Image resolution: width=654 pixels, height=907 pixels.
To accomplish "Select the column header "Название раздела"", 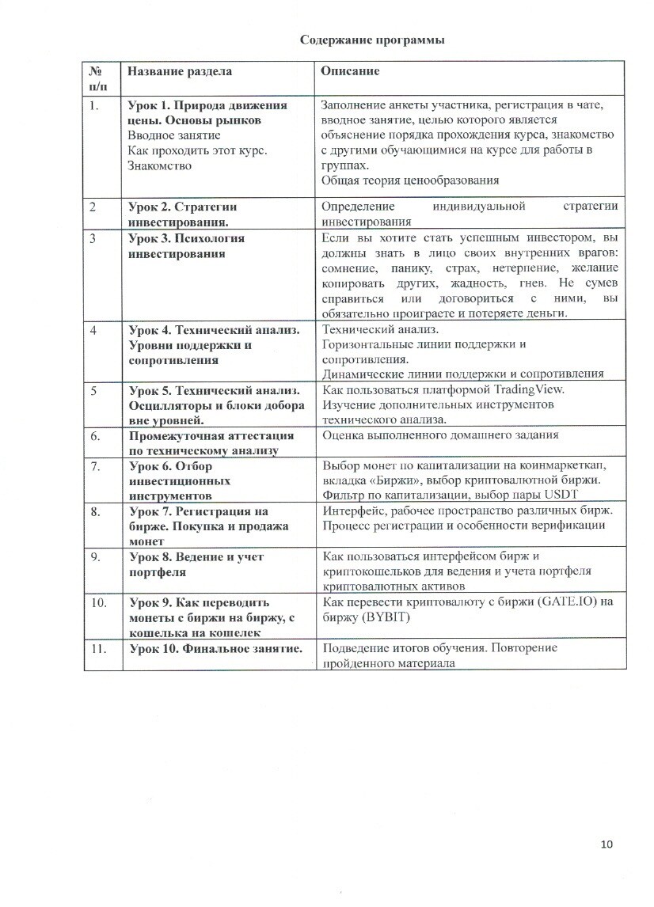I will click(x=180, y=71).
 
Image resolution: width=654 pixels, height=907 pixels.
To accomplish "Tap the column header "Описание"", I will click(x=350, y=71).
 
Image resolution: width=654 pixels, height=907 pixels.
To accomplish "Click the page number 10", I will click(x=607, y=844).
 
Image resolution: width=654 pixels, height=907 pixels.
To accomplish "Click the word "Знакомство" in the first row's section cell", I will click(x=159, y=165).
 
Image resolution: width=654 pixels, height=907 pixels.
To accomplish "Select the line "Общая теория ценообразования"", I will click(x=410, y=180).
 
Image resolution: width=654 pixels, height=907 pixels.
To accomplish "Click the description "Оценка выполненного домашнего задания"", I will click(x=440, y=435).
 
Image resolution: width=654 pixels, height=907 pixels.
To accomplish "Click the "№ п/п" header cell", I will click(x=101, y=78).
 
